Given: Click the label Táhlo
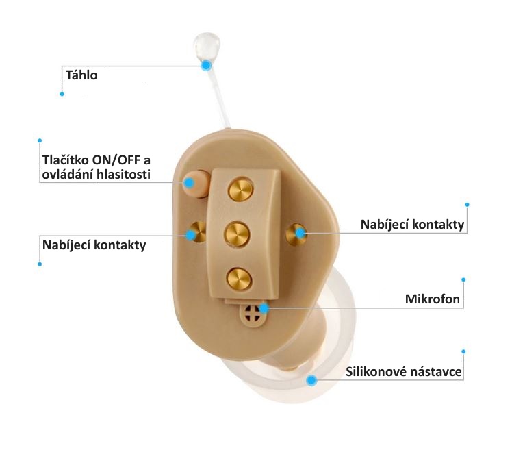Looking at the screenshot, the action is pyautogui.click(x=81, y=75).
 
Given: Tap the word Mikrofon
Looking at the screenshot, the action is pyautogui.click(x=433, y=299).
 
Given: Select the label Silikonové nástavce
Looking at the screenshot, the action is pyautogui.click(x=404, y=371).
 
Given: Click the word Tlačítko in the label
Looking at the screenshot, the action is pyautogui.click(x=66, y=160).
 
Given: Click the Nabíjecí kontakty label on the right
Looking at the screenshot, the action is pyautogui.click(x=412, y=225).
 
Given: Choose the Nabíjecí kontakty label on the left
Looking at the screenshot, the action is pyautogui.click(x=94, y=245).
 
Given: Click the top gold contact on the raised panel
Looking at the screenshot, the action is pyautogui.click(x=241, y=190).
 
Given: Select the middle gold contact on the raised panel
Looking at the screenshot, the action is pyautogui.click(x=238, y=234).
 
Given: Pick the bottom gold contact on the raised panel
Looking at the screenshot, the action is pyautogui.click(x=239, y=279).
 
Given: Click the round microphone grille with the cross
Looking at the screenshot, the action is pyautogui.click(x=252, y=315).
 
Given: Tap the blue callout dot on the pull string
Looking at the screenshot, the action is pyautogui.click(x=206, y=65).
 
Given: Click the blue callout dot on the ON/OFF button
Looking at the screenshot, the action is pyautogui.click(x=189, y=183).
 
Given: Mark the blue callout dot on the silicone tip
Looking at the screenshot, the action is pyautogui.click(x=312, y=380).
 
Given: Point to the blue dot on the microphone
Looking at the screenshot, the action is pyautogui.click(x=264, y=308).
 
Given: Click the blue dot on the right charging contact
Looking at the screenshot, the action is pyautogui.click(x=300, y=233).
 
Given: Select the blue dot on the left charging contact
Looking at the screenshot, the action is pyautogui.click(x=191, y=235).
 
